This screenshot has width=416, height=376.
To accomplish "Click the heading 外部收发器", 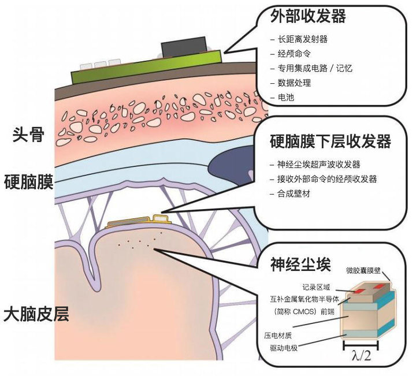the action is [x=308, y=16].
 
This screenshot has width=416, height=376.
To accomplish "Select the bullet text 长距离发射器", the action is [x=302, y=39].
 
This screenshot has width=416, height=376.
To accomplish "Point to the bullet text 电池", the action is [x=286, y=97].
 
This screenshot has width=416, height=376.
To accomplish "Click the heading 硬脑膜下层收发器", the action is [x=330, y=141].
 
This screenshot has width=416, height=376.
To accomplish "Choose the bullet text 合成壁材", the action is [x=294, y=193].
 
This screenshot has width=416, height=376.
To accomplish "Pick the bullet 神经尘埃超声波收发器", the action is [x=318, y=165].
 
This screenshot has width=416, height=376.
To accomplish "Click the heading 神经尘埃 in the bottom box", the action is [x=300, y=264].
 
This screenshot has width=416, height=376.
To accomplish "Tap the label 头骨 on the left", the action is [x=28, y=135].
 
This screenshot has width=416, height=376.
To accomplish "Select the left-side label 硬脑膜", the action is [x=29, y=182].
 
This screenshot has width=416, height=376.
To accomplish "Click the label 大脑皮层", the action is [x=36, y=314].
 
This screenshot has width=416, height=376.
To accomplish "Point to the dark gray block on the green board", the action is [x=183, y=47].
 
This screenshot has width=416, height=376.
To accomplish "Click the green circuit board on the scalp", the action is [x=146, y=67].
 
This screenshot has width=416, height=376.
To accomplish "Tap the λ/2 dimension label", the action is [x=361, y=356].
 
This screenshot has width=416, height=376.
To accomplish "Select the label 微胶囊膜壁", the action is [x=363, y=270].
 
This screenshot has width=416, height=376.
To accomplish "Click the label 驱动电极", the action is [x=284, y=348].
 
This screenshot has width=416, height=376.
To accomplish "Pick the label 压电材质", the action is [x=278, y=336].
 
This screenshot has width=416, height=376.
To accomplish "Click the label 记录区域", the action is [x=316, y=287].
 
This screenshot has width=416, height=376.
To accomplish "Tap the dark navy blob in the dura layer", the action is [x=232, y=165].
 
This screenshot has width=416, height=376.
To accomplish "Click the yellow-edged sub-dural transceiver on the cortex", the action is [x=138, y=222].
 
